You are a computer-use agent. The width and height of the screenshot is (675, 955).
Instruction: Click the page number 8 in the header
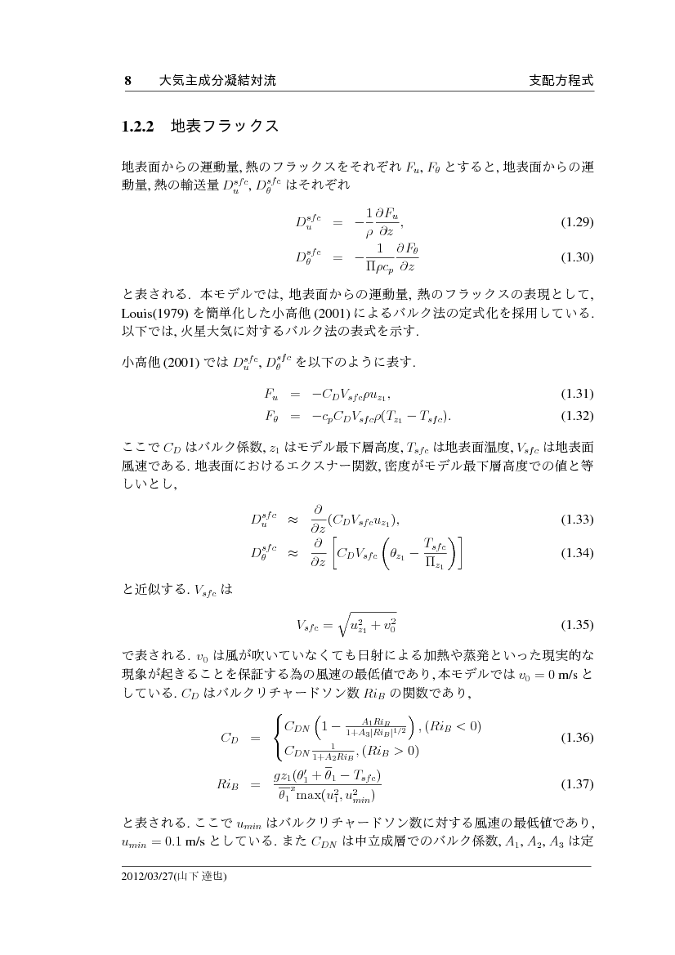(x=127, y=81)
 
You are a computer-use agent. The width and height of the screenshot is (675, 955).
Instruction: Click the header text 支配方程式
(x=560, y=81)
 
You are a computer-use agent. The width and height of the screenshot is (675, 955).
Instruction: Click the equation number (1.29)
(x=576, y=222)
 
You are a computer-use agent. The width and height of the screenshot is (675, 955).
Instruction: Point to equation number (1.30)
(x=576, y=257)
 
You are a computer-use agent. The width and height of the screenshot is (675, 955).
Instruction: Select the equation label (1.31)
(x=576, y=392)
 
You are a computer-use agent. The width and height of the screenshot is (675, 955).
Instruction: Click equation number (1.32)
(x=576, y=415)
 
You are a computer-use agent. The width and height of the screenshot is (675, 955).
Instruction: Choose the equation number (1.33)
(x=576, y=520)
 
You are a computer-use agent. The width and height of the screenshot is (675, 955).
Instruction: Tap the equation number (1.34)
(x=576, y=553)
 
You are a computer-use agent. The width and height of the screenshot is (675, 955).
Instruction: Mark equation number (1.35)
(x=576, y=627)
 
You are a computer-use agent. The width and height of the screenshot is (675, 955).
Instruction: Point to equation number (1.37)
(x=576, y=784)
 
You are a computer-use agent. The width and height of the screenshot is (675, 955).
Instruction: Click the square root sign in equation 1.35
(x=333, y=626)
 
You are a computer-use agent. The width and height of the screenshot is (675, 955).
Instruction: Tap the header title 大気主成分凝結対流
(x=218, y=81)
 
